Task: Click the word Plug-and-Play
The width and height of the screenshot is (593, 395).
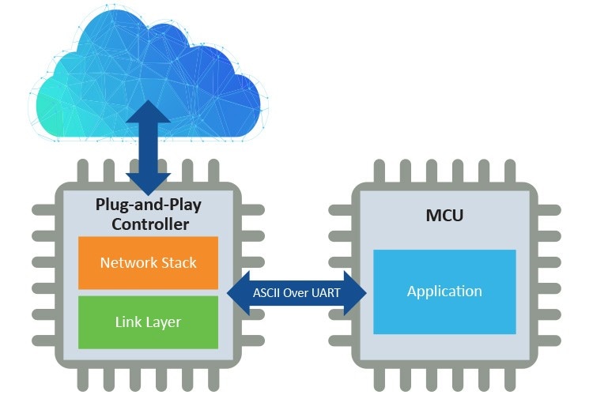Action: [148, 205]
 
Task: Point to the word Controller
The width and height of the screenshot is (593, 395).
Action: [149, 224]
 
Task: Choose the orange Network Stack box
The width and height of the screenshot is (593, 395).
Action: [148, 262]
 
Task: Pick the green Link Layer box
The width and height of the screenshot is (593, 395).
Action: [148, 322]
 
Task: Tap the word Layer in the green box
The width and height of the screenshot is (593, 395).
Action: [164, 322]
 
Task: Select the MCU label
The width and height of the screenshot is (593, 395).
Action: [444, 215]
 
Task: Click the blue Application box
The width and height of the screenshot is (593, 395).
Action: [444, 291]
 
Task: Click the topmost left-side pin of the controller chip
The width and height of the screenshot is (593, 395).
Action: [43, 211]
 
